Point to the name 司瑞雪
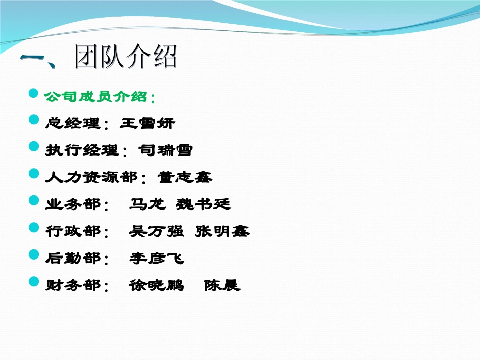(165, 150)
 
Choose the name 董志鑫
(184, 177)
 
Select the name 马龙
(147, 204)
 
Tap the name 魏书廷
(204, 204)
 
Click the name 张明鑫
(222, 231)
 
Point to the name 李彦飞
(157, 259)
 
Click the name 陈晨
(222, 286)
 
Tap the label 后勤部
(73, 259)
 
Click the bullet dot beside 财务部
(34, 281)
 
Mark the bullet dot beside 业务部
(34, 200)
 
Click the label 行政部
(73, 231)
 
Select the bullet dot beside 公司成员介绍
(34, 93)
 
